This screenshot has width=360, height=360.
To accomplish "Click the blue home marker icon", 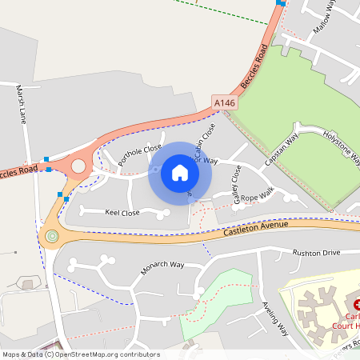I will click(179, 173).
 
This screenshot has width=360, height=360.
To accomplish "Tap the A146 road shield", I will click(224, 103).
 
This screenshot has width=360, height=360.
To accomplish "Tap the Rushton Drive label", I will click(316, 253).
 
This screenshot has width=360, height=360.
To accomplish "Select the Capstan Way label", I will click(281, 150).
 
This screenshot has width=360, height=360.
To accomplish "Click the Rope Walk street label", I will click(258, 194).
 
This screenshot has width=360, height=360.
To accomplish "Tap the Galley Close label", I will click(236, 184).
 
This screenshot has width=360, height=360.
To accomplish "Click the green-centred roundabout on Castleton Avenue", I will click(53, 236).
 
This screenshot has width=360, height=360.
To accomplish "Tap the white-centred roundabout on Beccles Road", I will click(78, 166).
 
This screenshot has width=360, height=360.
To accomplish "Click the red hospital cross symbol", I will click(358, 305).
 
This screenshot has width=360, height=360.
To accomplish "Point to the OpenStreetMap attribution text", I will click(80, 354).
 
